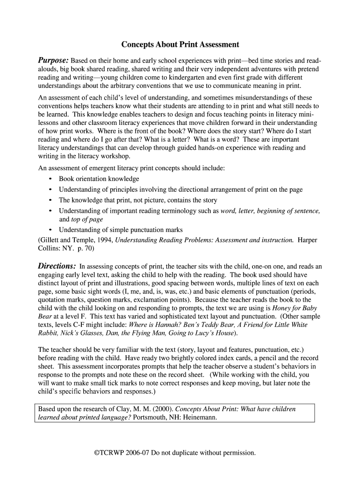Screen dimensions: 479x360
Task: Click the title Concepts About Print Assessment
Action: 180,45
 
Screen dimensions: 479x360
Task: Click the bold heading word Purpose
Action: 53,61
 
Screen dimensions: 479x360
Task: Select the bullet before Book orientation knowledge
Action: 50,179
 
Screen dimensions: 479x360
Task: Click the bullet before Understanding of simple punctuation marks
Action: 50,230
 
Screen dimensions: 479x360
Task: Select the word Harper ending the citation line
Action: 307,240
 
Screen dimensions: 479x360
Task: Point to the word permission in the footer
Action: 240,453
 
